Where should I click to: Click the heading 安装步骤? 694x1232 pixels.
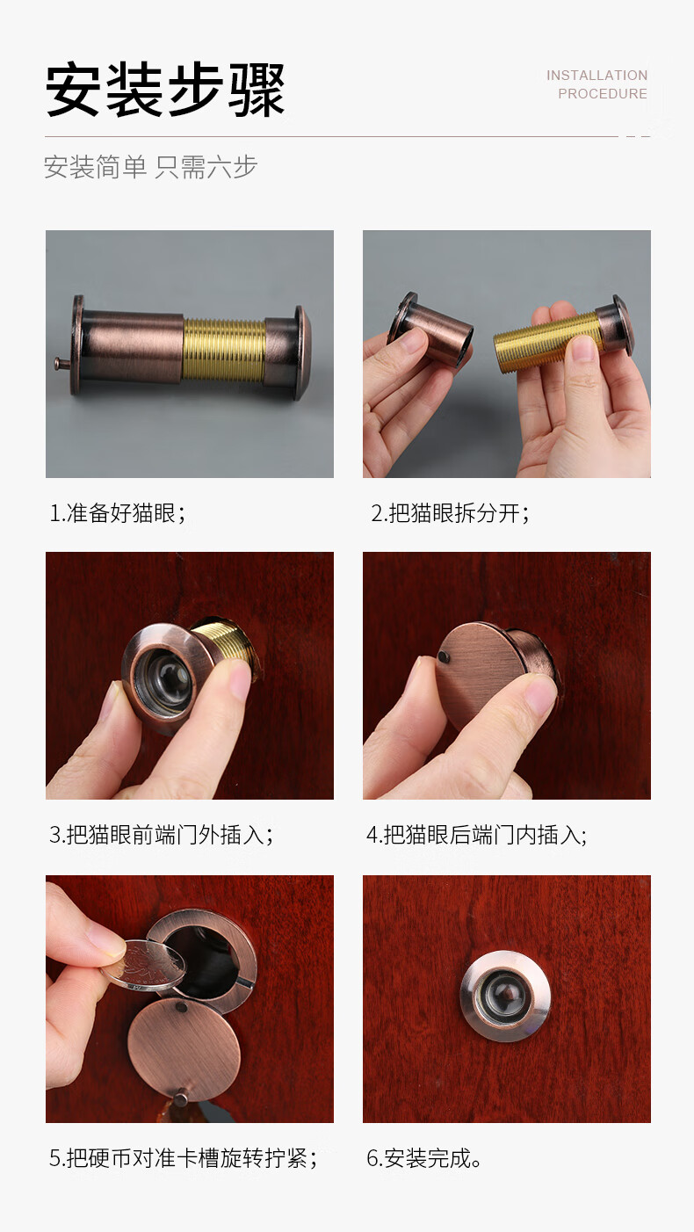(x=165, y=90)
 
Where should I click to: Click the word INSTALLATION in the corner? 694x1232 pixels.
(x=596, y=76)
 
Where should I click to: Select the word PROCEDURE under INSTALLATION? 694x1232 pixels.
(x=602, y=94)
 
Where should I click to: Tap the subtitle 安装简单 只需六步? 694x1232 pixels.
(x=150, y=167)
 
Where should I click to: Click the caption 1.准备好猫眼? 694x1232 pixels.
(x=117, y=513)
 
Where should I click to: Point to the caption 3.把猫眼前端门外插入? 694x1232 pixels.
(x=161, y=835)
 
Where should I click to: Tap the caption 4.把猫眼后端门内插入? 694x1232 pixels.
(x=476, y=835)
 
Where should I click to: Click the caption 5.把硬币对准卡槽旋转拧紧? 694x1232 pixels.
(x=183, y=1158)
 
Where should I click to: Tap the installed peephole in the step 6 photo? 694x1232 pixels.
(x=505, y=996)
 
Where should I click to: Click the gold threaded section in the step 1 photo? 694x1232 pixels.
(x=224, y=350)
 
